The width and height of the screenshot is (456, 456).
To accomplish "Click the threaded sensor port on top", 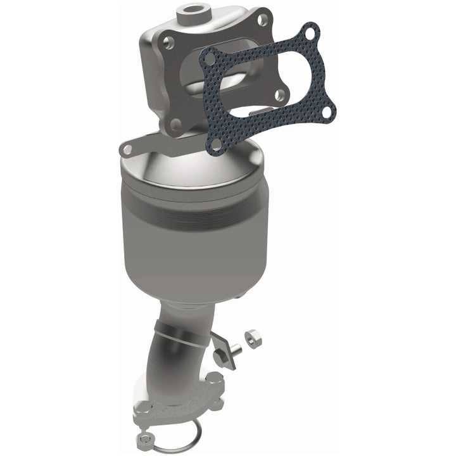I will (191, 11).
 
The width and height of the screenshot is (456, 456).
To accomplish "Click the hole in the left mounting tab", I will (128, 149).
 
